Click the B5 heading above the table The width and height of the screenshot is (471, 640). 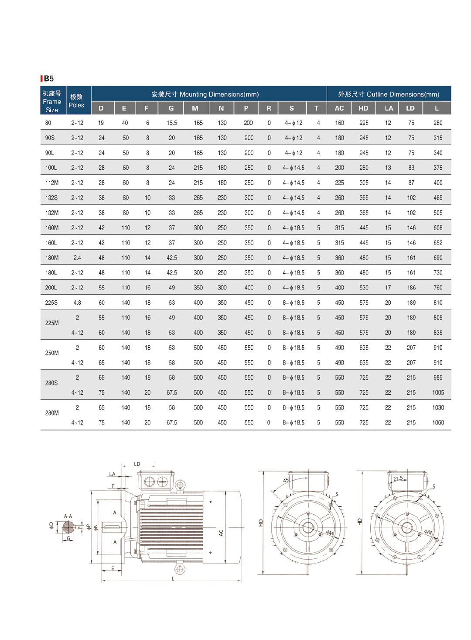[48, 79]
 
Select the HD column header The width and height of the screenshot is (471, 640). [363, 108]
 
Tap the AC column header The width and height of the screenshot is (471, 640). [339, 108]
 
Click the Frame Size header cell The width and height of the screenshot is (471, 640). [52, 102]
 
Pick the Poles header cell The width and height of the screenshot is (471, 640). [76, 101]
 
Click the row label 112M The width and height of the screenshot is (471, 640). [51, 183]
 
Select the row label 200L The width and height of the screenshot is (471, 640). [51, 288]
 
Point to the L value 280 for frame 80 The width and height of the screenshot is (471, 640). [438, 123]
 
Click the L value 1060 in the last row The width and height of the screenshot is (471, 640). [438, 423]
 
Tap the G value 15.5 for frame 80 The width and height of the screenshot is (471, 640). [172, 123]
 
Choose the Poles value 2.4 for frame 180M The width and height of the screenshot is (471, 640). [77, 258]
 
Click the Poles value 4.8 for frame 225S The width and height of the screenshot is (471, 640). [77, 303]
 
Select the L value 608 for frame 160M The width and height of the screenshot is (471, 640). [438, 228]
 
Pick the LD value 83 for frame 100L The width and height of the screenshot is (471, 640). [411, 168]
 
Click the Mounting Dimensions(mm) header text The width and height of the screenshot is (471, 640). [205, 94]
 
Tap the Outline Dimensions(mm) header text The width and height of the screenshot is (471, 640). [389, 94]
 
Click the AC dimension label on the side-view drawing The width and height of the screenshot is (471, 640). [221, 533]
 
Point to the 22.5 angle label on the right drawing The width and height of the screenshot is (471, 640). [398, 478]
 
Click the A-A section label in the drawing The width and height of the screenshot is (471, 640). [68, 516]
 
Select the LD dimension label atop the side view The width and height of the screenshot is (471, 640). [137, 464]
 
